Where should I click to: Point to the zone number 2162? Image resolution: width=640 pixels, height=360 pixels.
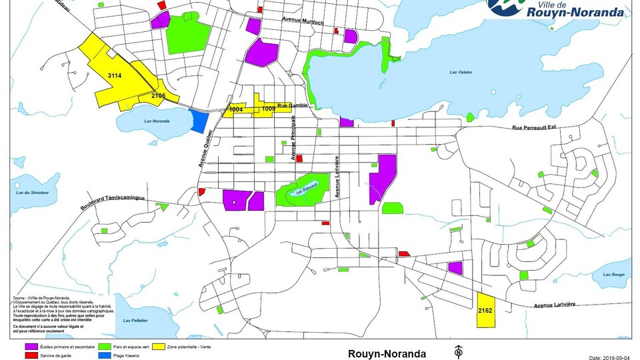point(485,311)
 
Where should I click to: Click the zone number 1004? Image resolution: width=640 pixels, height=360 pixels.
point(235,109)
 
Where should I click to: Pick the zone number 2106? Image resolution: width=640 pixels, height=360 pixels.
point(158,97)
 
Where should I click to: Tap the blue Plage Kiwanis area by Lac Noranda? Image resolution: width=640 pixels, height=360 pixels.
point(199,120)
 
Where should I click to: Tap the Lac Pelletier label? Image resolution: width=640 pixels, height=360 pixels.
point(136,321)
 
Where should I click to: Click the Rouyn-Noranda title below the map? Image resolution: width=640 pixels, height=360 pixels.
point(387,353)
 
